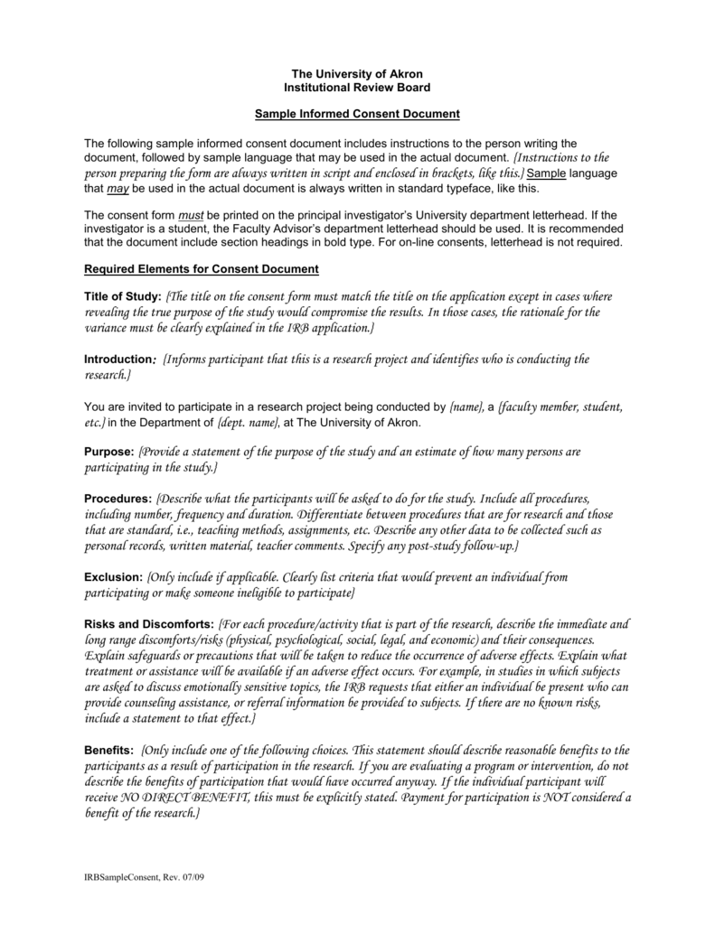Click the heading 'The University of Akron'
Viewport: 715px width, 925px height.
coord(357,72)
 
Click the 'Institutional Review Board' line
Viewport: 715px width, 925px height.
coord(357,87)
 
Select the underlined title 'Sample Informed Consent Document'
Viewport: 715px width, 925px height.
coord(357,114)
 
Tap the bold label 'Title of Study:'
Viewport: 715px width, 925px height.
coord(123,297)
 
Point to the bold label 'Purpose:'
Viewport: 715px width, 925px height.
coord(109,451)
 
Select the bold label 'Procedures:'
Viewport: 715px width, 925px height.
coord(118,499)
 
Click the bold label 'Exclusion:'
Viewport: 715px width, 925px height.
coord(113,576)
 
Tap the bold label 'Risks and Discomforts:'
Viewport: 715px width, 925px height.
coord(149,624)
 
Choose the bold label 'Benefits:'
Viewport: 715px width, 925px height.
coord(109,751)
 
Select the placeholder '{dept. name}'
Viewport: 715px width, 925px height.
coord(247,422)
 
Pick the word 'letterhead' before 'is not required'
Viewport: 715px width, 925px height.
coord(511,244)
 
